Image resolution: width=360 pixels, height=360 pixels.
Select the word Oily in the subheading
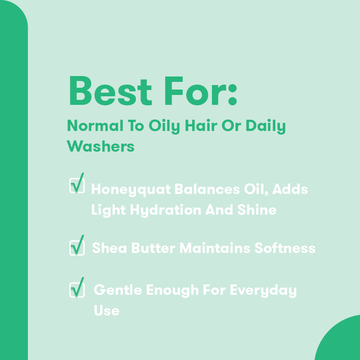167,126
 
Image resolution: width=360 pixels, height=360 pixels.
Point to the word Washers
100,146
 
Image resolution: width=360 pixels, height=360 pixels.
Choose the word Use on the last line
106,310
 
